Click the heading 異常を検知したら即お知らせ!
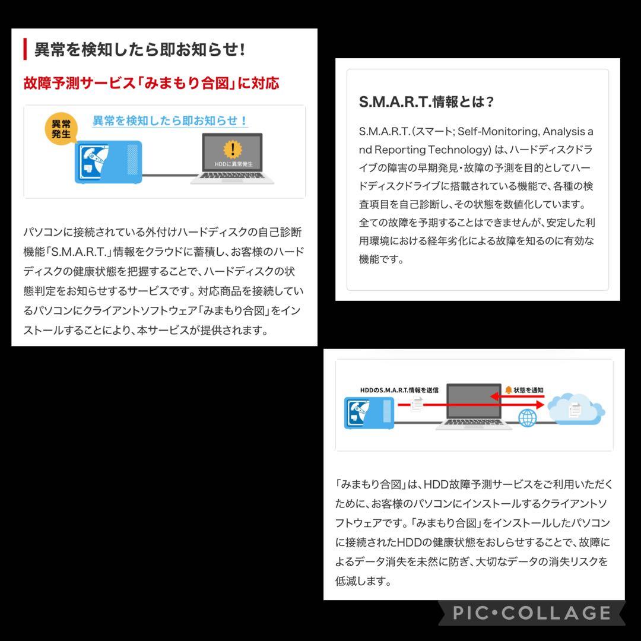[x=139, y=50]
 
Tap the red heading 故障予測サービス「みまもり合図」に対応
[x=151, y=83]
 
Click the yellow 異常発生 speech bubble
[x=61, y=128]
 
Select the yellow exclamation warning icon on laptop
[x=232, y=148]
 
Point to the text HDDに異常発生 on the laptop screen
[x=232, y=163]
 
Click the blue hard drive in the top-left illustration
[x=107, y=161]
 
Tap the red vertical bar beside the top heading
[x=26, y=50]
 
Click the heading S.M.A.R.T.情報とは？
[x=426, y=101]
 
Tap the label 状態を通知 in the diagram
[x=529, y=390]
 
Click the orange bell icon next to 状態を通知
[x=508, y=390]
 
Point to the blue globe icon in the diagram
[x=526, y=418]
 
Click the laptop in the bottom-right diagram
[x=473, y=408]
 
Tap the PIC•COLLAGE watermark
[x=531, y=613]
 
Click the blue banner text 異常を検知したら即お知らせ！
[x=170, y=120]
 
